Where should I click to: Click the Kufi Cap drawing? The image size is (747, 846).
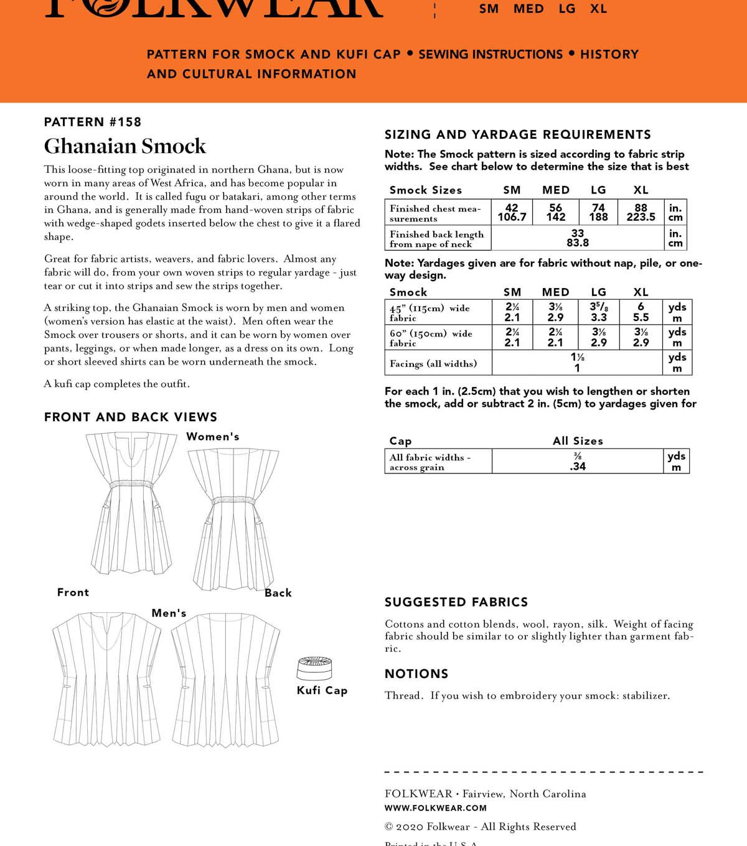point(314,668)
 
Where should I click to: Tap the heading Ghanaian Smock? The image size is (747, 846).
point(125,146)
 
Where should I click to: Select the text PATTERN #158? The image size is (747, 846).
point(93,122)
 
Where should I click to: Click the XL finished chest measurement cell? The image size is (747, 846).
point(641,212)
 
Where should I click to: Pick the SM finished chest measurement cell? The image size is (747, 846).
point(512,212)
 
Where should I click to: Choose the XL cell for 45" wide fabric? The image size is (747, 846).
point(641,312)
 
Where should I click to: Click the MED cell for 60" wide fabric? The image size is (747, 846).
point(555,337)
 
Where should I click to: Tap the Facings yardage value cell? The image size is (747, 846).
point(577,363)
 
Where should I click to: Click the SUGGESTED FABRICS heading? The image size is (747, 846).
point(456,602)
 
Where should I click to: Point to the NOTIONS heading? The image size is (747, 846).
point(416,674)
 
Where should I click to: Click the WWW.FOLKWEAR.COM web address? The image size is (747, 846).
point(436,808)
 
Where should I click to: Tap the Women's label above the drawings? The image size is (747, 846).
point(213,437)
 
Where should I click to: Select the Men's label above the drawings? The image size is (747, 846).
point(169,613)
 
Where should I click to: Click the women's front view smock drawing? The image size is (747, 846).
point(129,504)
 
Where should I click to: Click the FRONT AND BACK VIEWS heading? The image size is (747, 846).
point(131,417)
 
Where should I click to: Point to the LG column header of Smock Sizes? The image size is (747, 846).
point(598,190)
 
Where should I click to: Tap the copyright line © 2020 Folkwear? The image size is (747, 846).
point(480,827)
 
